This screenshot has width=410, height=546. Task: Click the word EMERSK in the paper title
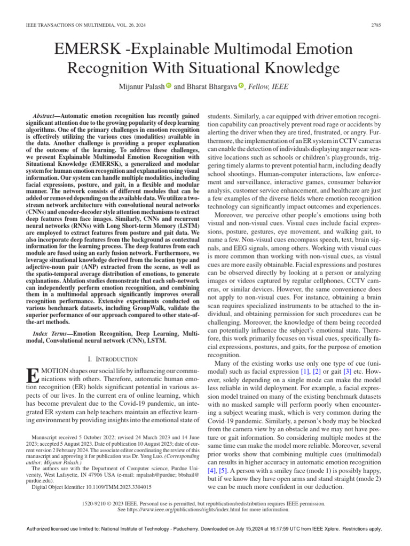coord(88,50)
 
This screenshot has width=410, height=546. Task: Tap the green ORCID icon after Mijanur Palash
coord(168,85)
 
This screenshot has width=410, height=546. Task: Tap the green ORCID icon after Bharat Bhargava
coord(240,85)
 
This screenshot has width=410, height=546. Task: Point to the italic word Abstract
coord(46,116)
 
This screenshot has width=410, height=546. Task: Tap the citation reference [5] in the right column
coord(223,471)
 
